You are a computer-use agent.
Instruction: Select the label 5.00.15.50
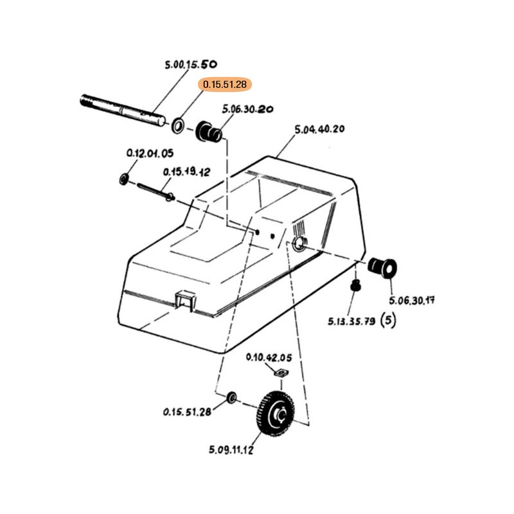click(x=191, y=64)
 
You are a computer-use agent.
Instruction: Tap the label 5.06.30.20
click(x=247, y=109)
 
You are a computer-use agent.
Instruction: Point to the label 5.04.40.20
click(x=319, y=129)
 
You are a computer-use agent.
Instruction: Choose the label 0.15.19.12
click(x=186, y=172)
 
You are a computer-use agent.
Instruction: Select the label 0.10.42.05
click(x=269, y=358)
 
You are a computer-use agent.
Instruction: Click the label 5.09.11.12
click(x=231, y=450)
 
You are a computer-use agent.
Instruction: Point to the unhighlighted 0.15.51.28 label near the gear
click(x=187, y=412)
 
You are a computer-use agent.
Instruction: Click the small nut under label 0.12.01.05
click(x=124, y=177)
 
